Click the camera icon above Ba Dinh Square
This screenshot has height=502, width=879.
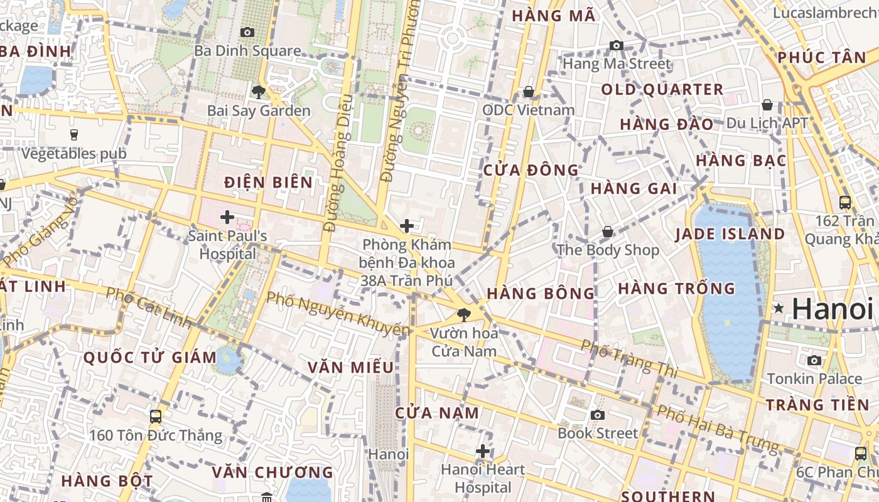(247, 32)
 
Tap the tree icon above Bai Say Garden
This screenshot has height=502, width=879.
(258, 92)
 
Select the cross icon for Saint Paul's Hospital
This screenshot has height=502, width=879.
(227, 218)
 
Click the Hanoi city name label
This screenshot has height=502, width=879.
(832, 309)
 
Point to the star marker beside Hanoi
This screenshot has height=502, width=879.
(779, 308)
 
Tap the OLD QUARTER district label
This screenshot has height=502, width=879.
(662, 90)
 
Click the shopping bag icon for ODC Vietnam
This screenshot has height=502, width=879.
(529, 92)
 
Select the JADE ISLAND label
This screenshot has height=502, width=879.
(730, 234)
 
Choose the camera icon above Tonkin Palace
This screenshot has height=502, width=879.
(814, 360)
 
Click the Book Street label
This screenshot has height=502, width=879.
(598, 433)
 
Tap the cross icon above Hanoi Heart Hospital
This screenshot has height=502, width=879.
(482, 451)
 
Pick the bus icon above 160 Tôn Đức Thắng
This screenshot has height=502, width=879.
(155, 416)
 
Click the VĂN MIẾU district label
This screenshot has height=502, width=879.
(350, 367)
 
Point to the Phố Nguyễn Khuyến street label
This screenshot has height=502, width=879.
(339, 312)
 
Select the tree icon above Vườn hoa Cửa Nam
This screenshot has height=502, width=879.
(464, 314)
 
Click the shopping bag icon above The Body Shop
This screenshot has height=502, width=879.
(608, 232)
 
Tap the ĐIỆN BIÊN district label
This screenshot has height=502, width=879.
(268, 183)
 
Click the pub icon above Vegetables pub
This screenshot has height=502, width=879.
(73, 134)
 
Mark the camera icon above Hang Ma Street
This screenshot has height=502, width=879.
(617, 45)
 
